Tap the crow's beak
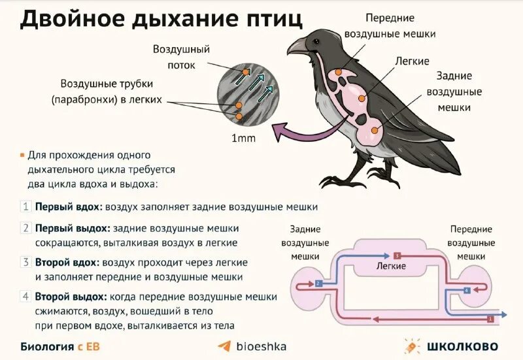(x=297, y=46)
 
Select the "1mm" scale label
(x=243, y=139)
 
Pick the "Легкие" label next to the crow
(x=412, y=61)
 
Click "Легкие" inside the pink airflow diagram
(x=391, y=266)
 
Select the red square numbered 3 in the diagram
(x=396, y=255)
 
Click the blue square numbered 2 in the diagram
(x=318, y=284)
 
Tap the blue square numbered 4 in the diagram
(x=466, y=289)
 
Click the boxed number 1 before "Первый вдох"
(x=26, y=206)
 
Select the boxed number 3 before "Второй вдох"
(x=26, y=262)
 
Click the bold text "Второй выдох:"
(x=72, y=296)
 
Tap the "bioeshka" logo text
(x=260, y=346)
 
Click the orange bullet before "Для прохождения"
(x=23, y=155)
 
